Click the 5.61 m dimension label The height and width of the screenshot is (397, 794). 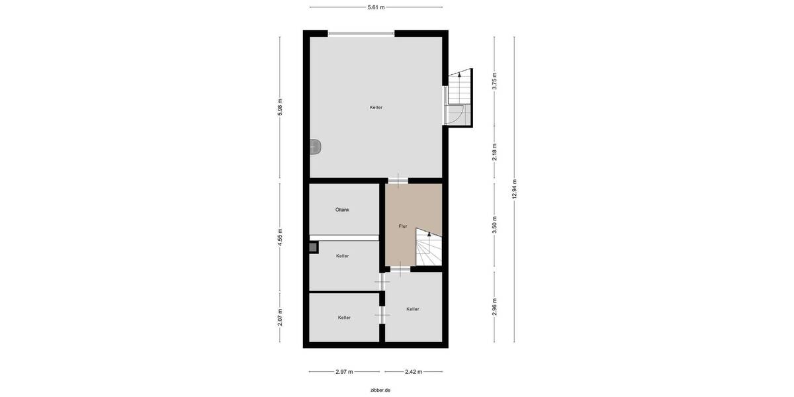point(376,7)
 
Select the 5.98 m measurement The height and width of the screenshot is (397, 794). point(280,109)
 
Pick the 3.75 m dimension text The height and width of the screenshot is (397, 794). point(494,80)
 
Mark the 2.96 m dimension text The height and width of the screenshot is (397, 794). point(494,306)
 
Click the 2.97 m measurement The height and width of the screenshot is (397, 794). point(343,372)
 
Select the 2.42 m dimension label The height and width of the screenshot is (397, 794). point(413,372)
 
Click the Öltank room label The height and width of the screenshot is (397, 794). point(342,210)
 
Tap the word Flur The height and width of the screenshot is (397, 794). point(402,226)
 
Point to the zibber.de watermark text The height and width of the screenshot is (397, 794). point(380,390)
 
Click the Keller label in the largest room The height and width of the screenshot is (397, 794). point(376,107)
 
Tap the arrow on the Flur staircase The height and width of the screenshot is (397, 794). point(428,235)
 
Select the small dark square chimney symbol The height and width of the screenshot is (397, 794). point(313,248)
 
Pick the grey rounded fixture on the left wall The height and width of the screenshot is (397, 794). point(316,147)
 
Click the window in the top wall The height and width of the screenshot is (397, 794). point(361,34)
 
